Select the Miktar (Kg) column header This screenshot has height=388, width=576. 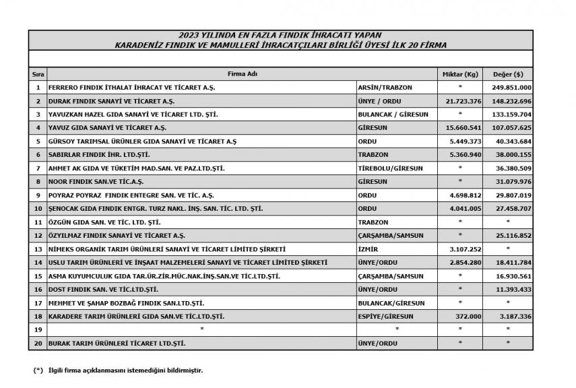pyautogui.click(x=460, y=73)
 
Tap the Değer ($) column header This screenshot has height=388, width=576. pyautogui.click(x=509, y=73)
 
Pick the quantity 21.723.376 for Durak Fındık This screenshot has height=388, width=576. pyautogui.click(x=460, y=101)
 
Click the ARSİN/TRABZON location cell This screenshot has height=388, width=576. pyautogui.click(x=385, y=88)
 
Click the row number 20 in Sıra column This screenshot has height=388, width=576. pyautogui.click(x=38, y=343)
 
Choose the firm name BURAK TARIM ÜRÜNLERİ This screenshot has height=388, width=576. pyautogui.click(x=117, y=343)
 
